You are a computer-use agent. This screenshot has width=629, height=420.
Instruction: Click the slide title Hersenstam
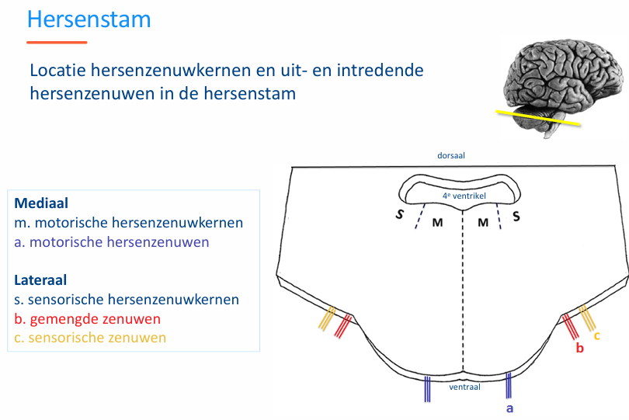[x=89, y=19]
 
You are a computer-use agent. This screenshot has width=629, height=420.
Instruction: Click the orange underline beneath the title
[x=57, y=42]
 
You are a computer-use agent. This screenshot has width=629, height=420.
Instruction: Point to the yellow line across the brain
[x=544, y=117]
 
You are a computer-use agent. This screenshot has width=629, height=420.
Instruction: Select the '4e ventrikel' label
[x=464, y=196]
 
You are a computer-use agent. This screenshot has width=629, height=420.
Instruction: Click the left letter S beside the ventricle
[x=400, y=214]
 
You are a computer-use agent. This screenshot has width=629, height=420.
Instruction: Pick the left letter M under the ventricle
[x=437, y=223]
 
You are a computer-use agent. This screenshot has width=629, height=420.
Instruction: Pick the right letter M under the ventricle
[x=483, y=223]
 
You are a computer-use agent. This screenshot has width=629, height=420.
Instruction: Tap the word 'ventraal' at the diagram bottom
[x=465, y=386]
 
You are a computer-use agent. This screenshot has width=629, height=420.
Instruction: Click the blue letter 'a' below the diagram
[x=509, y=407]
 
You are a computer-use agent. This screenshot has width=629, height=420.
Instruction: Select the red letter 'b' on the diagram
[x=579, y=349]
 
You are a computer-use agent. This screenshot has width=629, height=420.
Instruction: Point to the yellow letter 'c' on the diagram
[x=597, y=336]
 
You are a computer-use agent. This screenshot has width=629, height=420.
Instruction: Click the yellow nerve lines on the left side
[x=326, y=318]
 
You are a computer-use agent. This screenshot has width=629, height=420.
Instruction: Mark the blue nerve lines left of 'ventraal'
[x=428, y=388]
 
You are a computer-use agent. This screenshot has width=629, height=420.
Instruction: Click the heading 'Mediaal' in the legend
[x=41, y=203]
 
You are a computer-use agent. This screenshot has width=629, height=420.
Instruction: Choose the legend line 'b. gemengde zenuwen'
[x=88, y=319]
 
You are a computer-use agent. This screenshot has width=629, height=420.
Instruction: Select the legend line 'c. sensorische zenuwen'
[x=90, y=338]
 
